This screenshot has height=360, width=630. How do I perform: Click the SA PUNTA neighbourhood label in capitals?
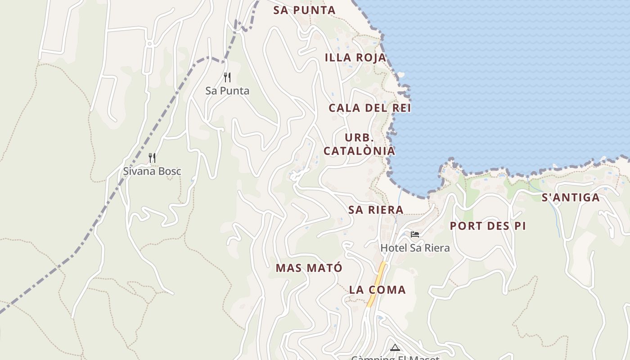pos(304,10)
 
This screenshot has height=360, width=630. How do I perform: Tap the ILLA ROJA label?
pos(355,58)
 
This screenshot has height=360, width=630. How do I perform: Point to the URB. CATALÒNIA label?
pos(359,144)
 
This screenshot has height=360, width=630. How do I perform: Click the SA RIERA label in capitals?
pos(376,210)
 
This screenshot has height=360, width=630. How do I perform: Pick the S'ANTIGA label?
pos(571,198)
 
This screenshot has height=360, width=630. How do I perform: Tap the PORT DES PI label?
pos(488,226)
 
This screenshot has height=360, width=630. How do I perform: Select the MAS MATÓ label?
pos(309,268)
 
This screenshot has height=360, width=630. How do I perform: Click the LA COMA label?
pos(377,290)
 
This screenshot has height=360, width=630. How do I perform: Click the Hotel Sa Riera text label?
pos(415,248)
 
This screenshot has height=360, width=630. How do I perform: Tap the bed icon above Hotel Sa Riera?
pos(415,234)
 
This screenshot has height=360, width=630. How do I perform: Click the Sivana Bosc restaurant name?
pos(152,171)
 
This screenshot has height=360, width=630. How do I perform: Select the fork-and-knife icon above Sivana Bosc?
pos(152,158)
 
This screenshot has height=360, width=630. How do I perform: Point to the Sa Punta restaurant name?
pos(227,91)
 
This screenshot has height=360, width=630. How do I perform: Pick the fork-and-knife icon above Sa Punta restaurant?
pos(227,77)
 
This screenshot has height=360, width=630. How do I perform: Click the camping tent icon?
pos(395,347)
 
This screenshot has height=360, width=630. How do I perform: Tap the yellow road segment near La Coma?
pos(377,283)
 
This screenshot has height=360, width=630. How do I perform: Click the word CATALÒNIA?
pos(359,151)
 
